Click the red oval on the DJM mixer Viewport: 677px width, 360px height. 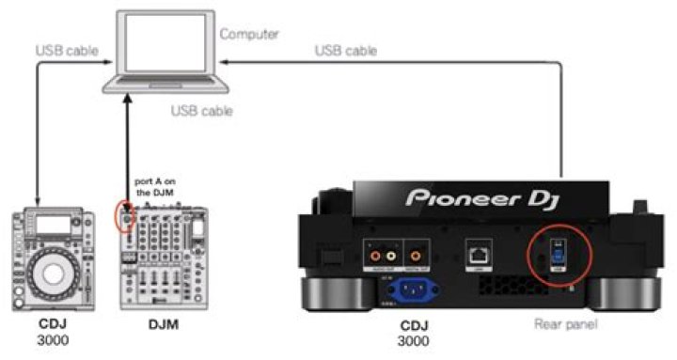[119, 215]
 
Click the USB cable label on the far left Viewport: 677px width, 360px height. [63, 48]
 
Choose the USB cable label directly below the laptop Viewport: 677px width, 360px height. [202, 111]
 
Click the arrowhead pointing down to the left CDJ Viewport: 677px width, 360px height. [37, 200]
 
